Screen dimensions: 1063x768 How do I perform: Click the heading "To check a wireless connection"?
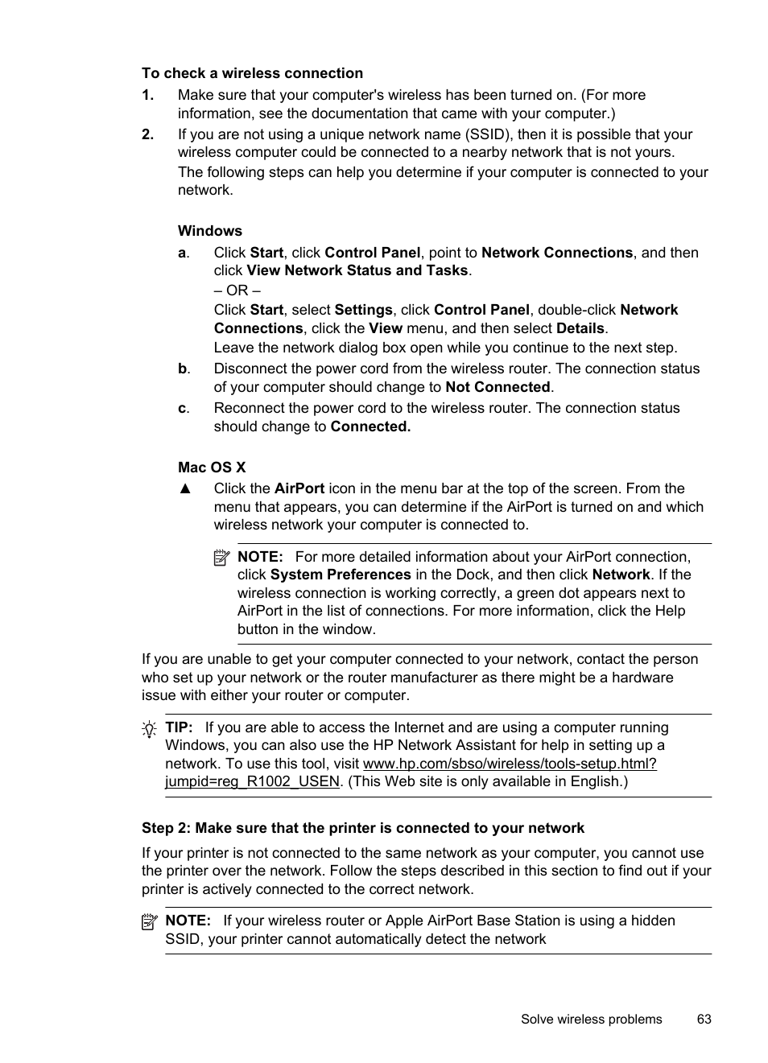click(x=252, y=73)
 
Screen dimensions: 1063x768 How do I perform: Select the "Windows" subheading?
click(x=209, y=231)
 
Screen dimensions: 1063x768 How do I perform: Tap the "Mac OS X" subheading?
click(x=212, y=468)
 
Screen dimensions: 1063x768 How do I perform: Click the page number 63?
click(x=704, y=1019)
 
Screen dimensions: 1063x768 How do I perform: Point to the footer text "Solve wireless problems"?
click(x=591, y=1019)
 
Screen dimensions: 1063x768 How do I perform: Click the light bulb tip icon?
click(x=149, y=730)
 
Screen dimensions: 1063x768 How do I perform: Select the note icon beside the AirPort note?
click(x=222, y=558)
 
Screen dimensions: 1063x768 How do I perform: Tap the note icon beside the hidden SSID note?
click(x=150, y=922)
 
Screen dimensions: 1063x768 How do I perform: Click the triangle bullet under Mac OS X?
click(x=185, y=488)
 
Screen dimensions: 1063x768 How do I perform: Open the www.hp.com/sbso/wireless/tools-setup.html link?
click(x=509, y=764)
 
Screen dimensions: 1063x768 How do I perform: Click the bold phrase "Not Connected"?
click(x=498, y=387)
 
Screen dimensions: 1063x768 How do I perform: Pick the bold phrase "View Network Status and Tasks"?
click(x=357, y=270)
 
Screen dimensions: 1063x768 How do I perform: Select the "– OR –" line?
click(x=237, y=290)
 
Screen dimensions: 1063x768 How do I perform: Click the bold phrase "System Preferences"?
click(x=340, y=575)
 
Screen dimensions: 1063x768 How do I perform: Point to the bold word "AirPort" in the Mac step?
click(x=299, y=488)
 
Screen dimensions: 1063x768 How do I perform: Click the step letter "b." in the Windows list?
click(x=184, y=369)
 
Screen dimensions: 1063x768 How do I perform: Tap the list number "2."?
click(x=147, y=134)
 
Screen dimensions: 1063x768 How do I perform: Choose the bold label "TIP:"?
click(x=179, y=727)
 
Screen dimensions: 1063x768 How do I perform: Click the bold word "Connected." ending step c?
click(x=370, y=426)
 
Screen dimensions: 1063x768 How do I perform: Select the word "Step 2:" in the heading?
click(x=166, y=828)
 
